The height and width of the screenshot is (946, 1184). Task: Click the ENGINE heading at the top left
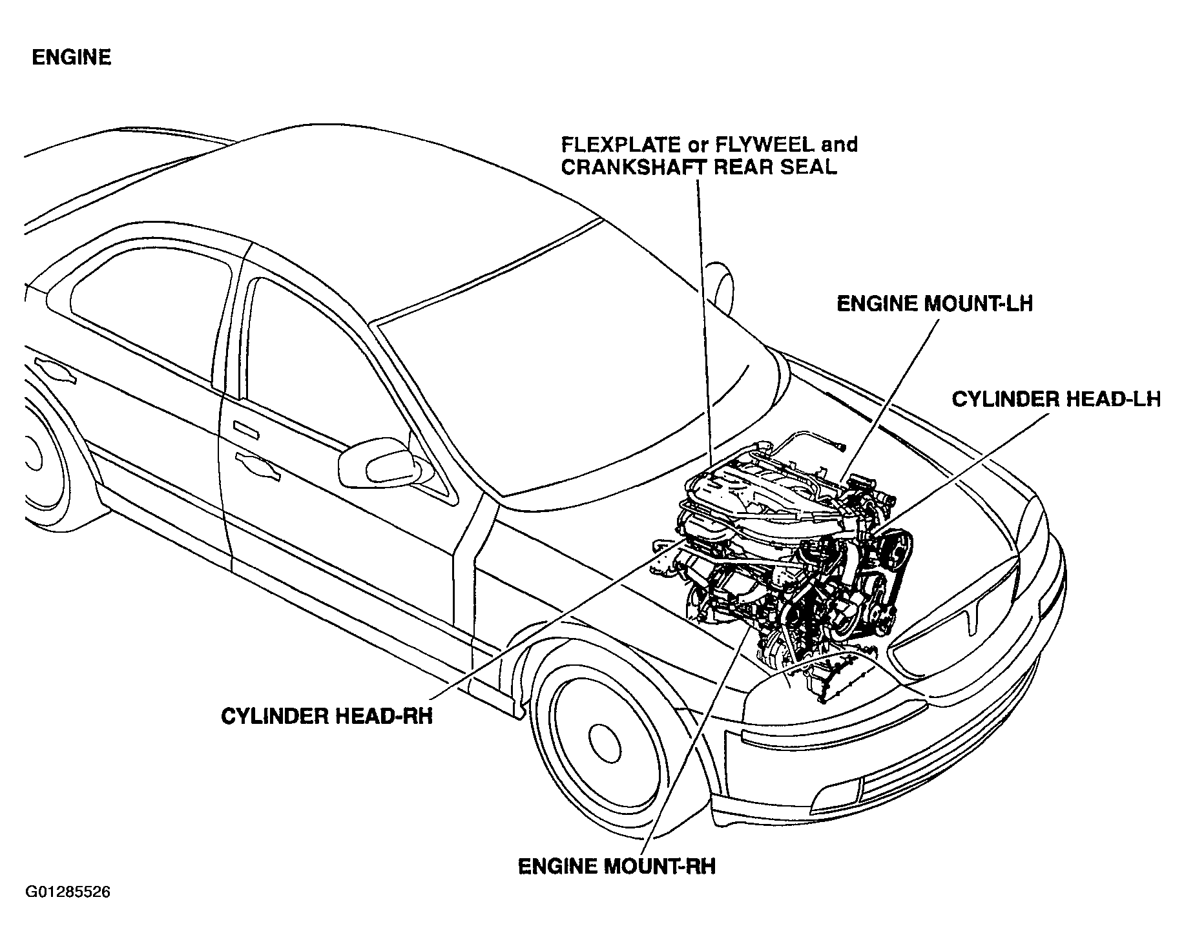[72, 57]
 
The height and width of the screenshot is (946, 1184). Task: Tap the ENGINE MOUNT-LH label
[934, 303]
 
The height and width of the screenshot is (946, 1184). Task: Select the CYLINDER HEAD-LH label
[1056, 399]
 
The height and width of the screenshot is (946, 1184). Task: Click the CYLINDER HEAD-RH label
[326, 717]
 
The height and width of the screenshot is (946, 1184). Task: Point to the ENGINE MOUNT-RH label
[617, 866]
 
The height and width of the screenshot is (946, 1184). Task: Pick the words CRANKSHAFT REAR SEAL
[699, 167]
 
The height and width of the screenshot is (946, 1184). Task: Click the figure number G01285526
[68, 892]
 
